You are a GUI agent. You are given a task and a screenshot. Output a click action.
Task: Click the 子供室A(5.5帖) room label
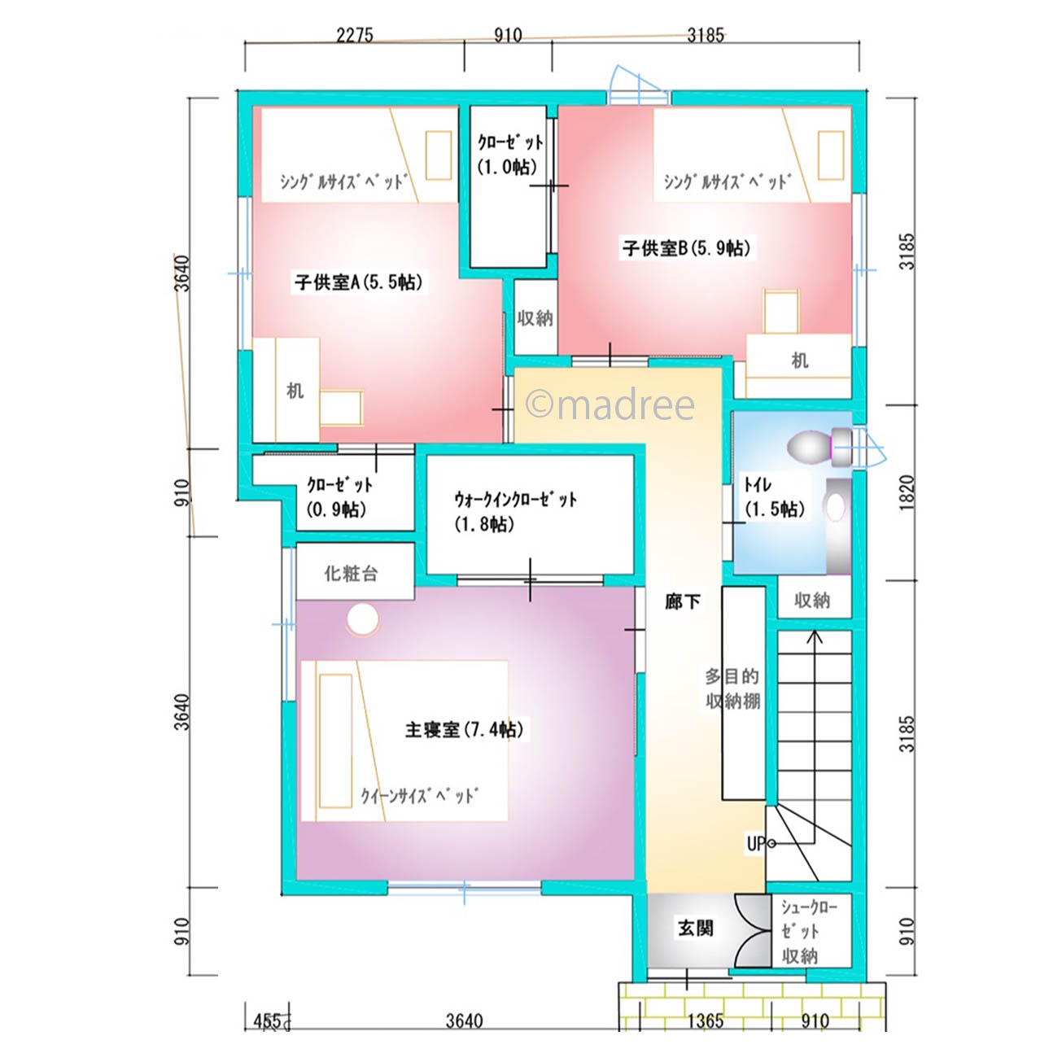click(358, 282)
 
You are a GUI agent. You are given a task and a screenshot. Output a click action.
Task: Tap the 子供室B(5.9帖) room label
click(687, 248)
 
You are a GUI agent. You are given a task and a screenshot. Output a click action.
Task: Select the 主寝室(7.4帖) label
click(465, 729)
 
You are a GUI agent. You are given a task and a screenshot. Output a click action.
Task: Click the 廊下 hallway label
click(682, 601)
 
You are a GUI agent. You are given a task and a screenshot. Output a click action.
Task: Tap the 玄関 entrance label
click(695, 928)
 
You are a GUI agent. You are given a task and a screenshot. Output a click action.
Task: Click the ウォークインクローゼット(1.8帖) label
click(515, 512)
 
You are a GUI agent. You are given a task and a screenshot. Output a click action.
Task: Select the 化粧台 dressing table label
click(351, 573)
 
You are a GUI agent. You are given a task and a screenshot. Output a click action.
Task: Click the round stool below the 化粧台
click(362, 619)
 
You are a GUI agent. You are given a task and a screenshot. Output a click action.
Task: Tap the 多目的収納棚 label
click(732, 688)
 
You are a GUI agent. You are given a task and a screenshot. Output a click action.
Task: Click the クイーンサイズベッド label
click(419, 795)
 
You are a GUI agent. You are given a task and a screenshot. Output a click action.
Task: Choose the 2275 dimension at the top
click(354, 35)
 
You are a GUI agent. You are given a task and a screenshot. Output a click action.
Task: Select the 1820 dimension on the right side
click(906, 492)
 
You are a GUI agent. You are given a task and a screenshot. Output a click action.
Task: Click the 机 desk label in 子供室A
click(295, 391)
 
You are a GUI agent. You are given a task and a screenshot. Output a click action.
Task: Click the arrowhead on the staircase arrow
click(815, 636)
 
